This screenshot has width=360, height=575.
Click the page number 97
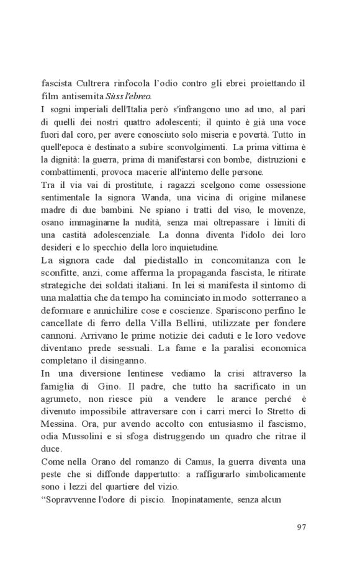pyautogui.click(x=302, y=527)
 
